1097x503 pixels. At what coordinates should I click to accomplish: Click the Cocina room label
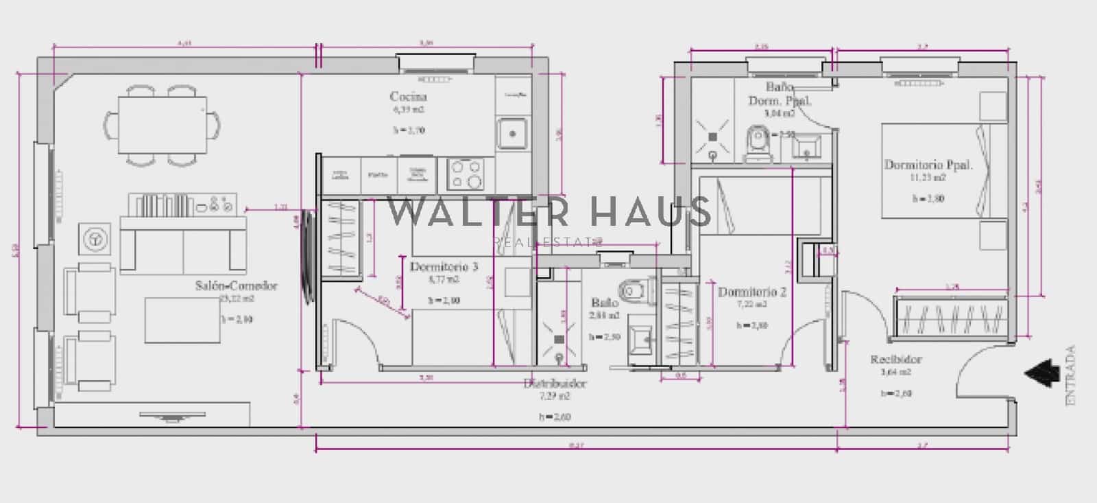point(408,97)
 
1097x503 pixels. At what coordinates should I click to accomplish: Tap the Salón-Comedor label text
point(237,286)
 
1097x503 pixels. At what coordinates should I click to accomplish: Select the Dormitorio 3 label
point(444,266)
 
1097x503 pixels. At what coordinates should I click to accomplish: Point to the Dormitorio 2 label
point(751,292)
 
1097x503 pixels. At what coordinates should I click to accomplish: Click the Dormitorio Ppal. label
point(928,165)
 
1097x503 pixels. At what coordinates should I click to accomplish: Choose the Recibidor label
point(896,360)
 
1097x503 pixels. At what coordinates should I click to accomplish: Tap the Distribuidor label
point(555,384)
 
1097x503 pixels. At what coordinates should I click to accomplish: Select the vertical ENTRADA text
point(1072,375)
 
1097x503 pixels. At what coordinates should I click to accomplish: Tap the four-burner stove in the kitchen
point(466,174)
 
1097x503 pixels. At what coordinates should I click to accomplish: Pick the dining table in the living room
point(163,125)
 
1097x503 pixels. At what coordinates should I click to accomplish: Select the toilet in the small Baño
point(635,291)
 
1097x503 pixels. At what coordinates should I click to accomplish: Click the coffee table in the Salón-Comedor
point(182,320)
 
